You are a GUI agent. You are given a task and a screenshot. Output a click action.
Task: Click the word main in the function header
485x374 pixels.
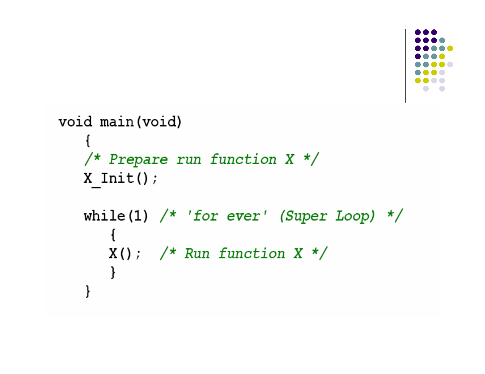click(x=117, y=122)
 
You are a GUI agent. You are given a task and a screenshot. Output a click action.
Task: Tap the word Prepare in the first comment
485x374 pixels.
click(x=138, y=160)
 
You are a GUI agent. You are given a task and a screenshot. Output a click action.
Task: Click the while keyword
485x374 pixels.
click(x=104, y=216)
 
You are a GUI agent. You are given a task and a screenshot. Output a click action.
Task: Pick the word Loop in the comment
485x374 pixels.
click(x=352, y=216)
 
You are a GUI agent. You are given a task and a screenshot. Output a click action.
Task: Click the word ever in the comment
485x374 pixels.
click(x=243, y=216)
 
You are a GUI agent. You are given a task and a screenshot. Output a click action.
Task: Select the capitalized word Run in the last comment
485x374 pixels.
click(x=197, y=254)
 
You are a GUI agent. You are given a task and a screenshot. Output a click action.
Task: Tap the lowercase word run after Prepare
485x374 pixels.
click(x=189, y=160)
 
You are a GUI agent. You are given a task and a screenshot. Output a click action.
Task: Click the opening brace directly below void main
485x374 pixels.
click(x=88, y=141)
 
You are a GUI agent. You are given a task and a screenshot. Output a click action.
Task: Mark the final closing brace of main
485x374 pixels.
click(x=88, y=291)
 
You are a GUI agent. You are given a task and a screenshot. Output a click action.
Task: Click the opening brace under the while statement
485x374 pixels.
click(x=113, y=235)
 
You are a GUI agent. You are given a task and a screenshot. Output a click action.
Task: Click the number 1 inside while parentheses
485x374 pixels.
click(x=138, y=216)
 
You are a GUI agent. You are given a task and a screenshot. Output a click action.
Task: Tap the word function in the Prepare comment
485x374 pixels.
click(x=243, y=159)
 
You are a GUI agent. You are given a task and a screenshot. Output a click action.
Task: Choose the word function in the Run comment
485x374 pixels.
click(x=252, y=254)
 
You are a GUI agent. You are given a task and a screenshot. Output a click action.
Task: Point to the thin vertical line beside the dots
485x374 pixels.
click(x=406, y=66)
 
